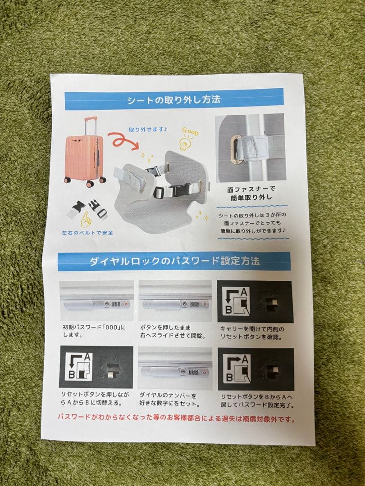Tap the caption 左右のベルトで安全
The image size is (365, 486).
88,233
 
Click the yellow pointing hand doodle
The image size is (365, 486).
86,219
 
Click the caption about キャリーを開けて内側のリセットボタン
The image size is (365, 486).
252,333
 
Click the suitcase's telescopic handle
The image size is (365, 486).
90,126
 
